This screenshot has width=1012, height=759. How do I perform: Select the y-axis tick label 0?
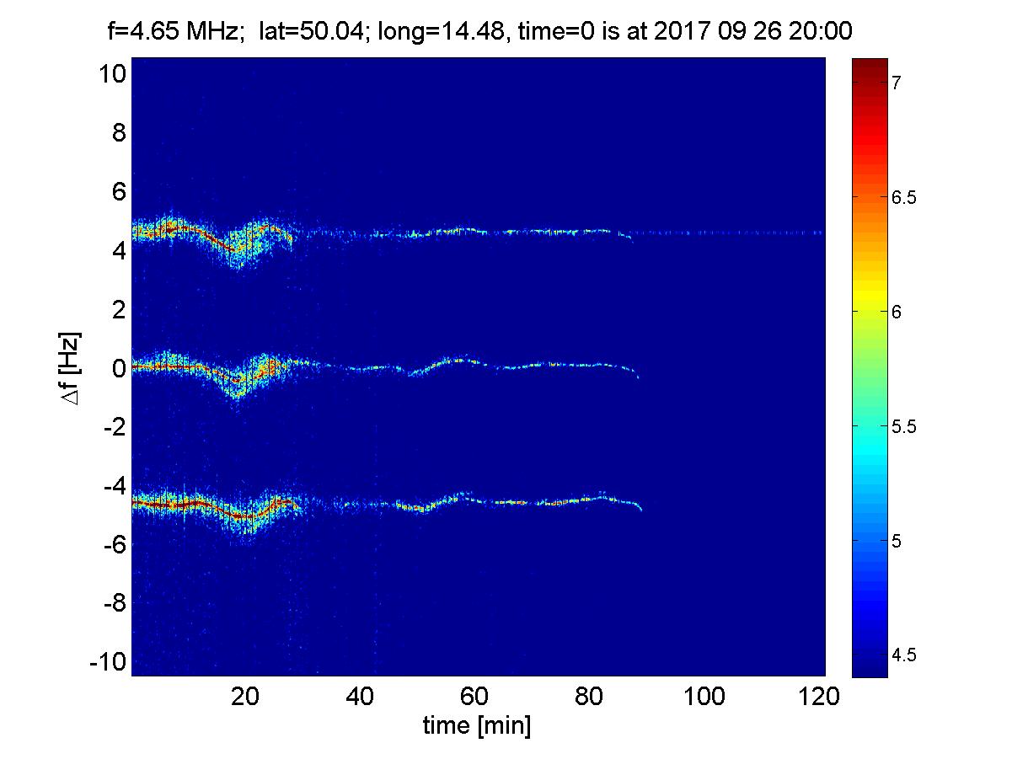(119, 368)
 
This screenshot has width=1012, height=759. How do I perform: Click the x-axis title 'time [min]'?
(477, 725)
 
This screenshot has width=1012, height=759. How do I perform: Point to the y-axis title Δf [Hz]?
(74, 368)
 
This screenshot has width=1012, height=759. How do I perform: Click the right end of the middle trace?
(638, 377)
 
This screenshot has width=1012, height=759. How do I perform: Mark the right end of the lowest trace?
(641, 510)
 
